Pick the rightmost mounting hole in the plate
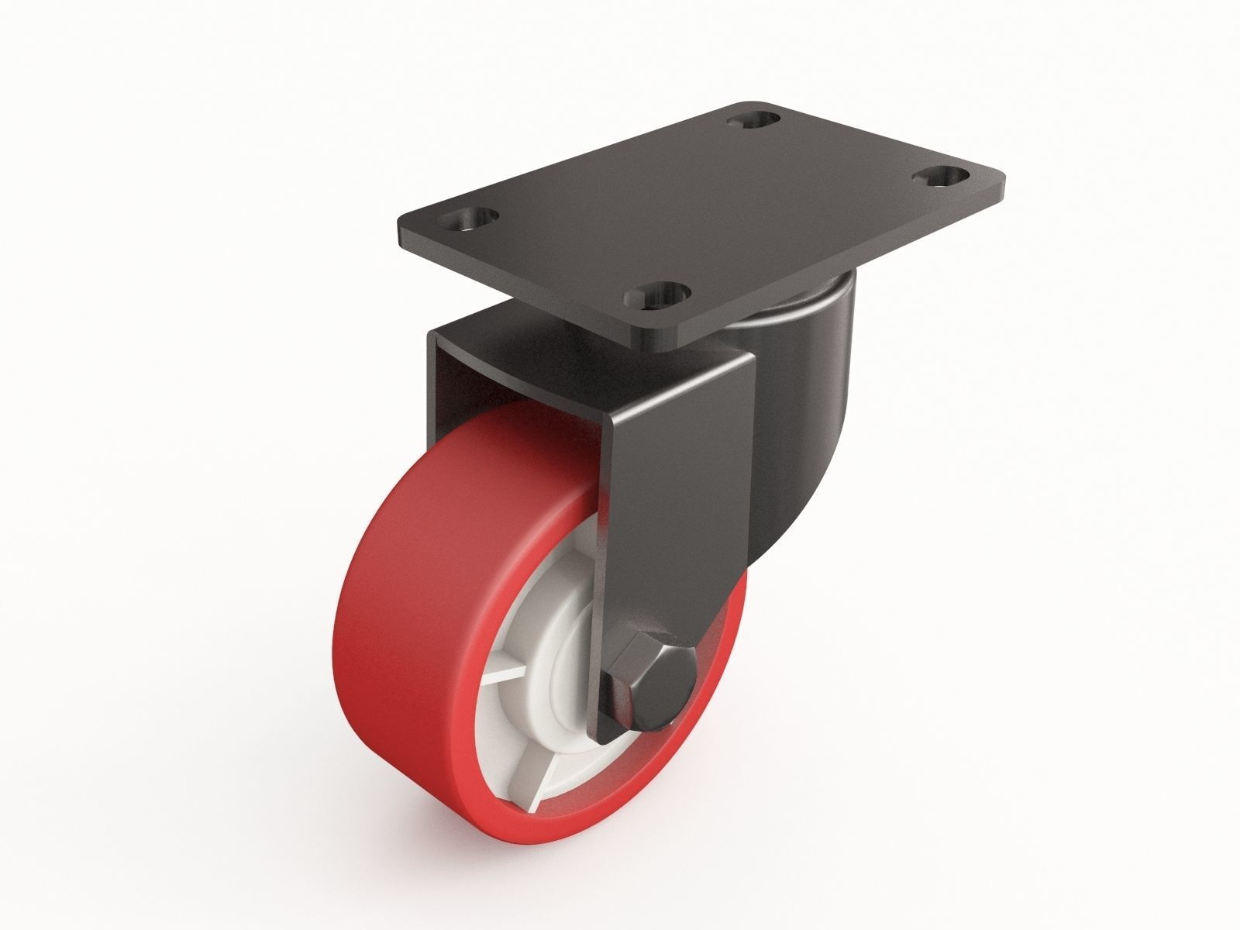[942, 177]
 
